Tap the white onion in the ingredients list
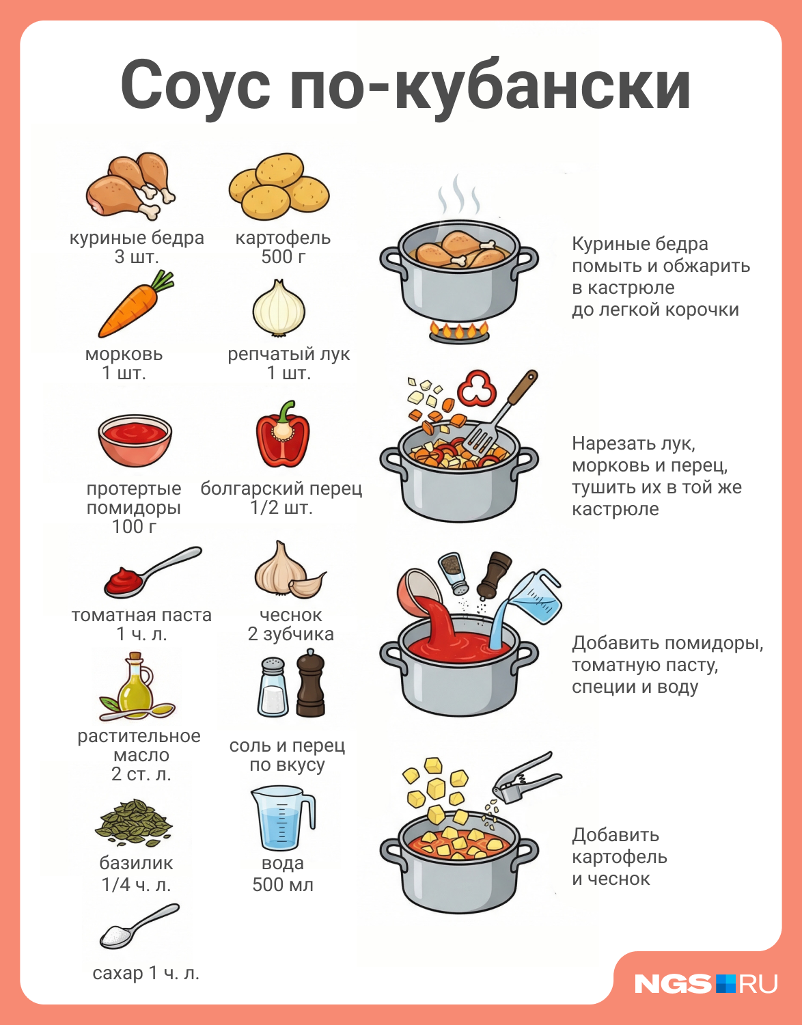pos(279,308)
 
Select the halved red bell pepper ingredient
pos(282,435)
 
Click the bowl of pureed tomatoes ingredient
pos(135,439)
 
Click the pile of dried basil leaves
pos(134,823)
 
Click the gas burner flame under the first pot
pos(459,331)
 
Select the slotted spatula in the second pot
pos(499,413)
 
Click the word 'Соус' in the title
pos(195,85)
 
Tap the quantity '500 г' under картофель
pos(284,257)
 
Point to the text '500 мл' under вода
pos(282,884)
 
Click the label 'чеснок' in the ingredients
pos(291,614)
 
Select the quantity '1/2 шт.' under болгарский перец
pos(281,508)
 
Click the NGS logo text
pos(674,984)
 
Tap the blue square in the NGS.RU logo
pos(725,984)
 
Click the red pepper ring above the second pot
pos(477,388)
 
